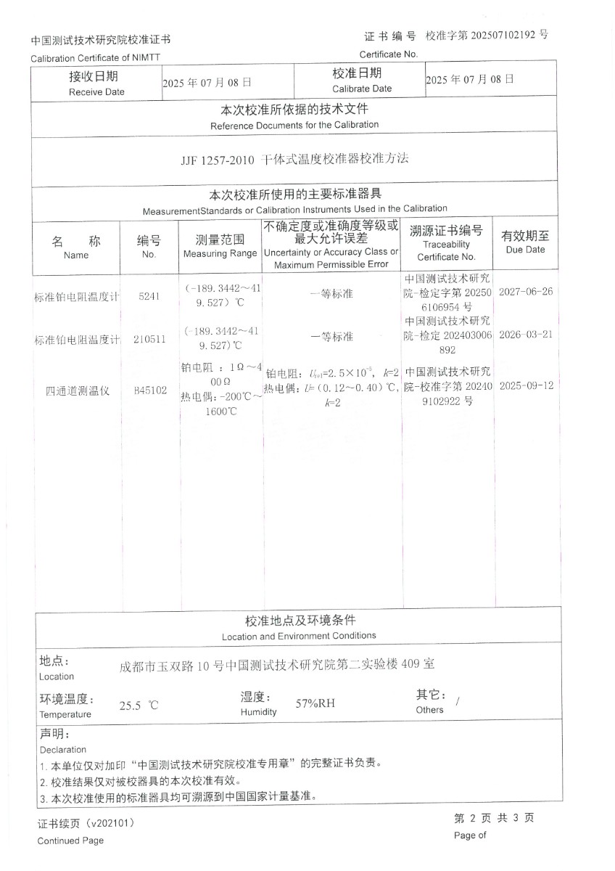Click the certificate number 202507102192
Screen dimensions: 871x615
pyautogui.click(x=502, y=35)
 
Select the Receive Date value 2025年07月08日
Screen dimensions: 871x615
pyautogui.click(x=207, y=82)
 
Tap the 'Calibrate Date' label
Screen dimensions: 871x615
pyautogui.click(x=361, y=89)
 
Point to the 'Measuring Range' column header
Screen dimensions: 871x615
pyautogui.click(x=220, y=253)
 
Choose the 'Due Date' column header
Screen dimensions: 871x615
pyautogui.click(x=525, y=249)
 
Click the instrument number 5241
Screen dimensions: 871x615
pyautogui.click(x=149, y=296)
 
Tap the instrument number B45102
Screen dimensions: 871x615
pyautogui.click(x=149, y=390)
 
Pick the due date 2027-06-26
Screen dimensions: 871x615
pyautogui.click(x=526, y=291)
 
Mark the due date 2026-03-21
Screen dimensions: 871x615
pyautogui.click(x=526, y=335)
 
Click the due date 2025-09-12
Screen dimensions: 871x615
pyautogui.click(x=526, y=385)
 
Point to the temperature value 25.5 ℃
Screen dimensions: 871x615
pyautogui.click(x=139, y=705)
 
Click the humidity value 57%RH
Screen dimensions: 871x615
pyautogui.click(x=315, y=703)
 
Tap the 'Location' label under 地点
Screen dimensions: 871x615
pyautogui.click(x=57, y=676)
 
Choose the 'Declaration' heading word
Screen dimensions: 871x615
pyautogui.click(x=62, y=749)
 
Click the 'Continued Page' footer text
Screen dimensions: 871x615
pyautogui.click(x=70, y=841)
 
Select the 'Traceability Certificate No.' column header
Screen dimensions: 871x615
pyautogui.click(x=446, y=250)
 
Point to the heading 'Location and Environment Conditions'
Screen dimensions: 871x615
pyautogui.click(x=299, y=636)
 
